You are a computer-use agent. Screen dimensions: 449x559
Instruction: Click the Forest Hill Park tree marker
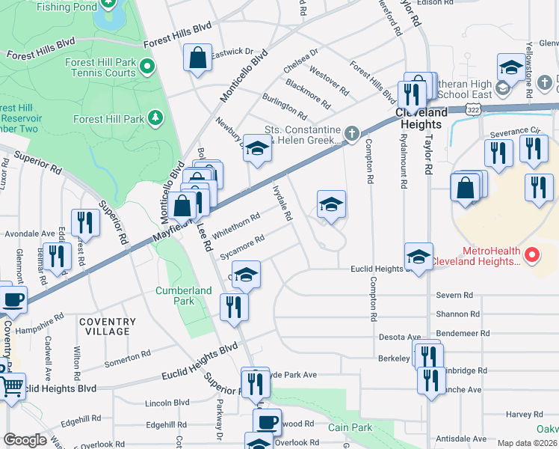tap(155, 117)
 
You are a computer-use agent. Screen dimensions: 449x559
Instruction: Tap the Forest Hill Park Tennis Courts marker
tap(147, 67)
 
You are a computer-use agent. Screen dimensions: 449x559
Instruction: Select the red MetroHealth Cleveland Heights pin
tap(532, 255)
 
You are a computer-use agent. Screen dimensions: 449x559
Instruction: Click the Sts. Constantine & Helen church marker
tap(352, 135)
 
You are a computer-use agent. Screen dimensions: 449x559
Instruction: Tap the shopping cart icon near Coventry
tap(10, 387)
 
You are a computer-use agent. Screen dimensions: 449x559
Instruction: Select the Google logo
tap(25, 440)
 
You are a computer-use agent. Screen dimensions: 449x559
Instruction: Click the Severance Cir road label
tap(514, 132)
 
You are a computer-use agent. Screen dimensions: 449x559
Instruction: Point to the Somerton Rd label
tap(125, 361)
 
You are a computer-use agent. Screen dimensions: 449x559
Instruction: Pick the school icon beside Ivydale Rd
tap(331, 204)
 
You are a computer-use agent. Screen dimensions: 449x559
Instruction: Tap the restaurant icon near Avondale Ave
tap(86, 223)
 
